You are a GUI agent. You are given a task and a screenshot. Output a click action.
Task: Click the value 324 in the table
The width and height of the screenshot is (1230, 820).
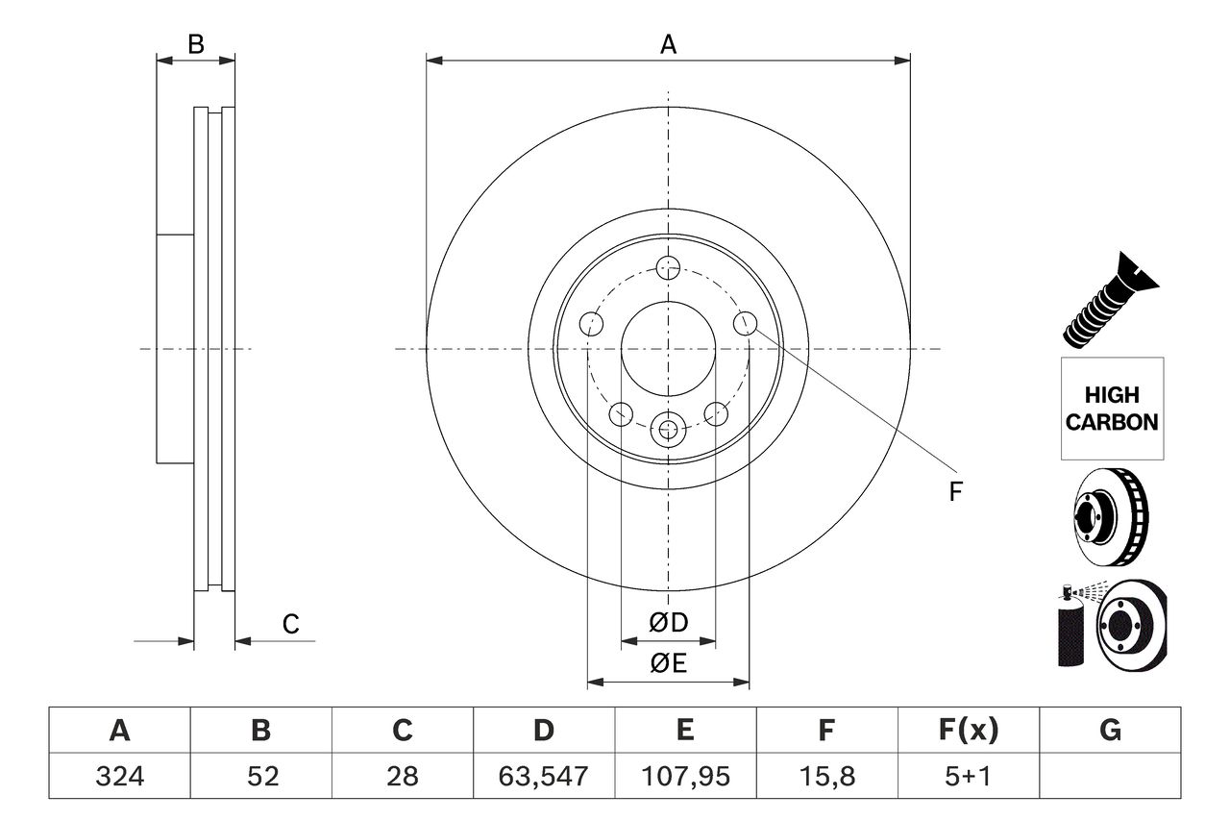(x=119, y=776)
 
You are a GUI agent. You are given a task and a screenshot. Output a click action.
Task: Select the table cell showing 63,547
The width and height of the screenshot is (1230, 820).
(x=544, y=776)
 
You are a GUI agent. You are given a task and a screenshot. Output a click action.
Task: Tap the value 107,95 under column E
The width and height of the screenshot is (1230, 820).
(x=685, y=776)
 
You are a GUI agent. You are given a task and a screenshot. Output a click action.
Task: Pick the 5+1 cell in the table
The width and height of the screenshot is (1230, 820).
(x=969, y=776)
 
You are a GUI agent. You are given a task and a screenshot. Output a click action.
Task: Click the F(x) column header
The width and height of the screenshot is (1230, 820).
(x=969, y=731)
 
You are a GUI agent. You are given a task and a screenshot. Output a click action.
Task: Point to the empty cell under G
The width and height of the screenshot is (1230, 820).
(x=1110, y=776)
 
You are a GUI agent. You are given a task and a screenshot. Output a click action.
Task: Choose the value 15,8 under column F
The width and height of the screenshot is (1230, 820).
(x=826, y=776)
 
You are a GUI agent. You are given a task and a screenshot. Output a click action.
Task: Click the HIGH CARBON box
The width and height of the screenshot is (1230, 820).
(x=1112, y=409)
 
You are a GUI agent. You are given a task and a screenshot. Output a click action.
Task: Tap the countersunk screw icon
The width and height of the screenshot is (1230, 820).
(x=1111, y=300)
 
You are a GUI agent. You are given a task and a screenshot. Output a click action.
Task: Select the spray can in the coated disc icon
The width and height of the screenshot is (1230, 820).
(x=1070, y=630)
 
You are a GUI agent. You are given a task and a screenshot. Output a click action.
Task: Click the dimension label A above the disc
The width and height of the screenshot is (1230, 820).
(x=668, y=44)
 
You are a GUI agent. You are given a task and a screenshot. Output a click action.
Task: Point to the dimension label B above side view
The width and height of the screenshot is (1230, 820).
(x=196, y=44)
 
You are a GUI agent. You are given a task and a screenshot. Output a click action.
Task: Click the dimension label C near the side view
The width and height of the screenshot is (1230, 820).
(x=290, y=624)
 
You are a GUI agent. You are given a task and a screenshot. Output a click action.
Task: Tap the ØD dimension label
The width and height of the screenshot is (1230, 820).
(x=669, y=623)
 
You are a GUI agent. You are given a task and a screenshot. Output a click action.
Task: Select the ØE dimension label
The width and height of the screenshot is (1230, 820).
(x=669, y=664)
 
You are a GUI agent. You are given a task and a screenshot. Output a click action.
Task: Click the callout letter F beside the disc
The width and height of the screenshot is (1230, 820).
(x=955, y=492)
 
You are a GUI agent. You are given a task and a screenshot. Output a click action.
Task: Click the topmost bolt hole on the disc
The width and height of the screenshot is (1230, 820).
(x=668, y=267)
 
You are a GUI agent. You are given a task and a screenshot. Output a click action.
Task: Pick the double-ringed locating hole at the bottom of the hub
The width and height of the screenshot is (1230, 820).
(x=668, y=429)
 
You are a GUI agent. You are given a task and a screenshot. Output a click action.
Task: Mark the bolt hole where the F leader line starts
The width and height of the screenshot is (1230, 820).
(x=745, y=323)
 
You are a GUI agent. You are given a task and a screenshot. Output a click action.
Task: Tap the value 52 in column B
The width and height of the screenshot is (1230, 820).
(x=260, y=776)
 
